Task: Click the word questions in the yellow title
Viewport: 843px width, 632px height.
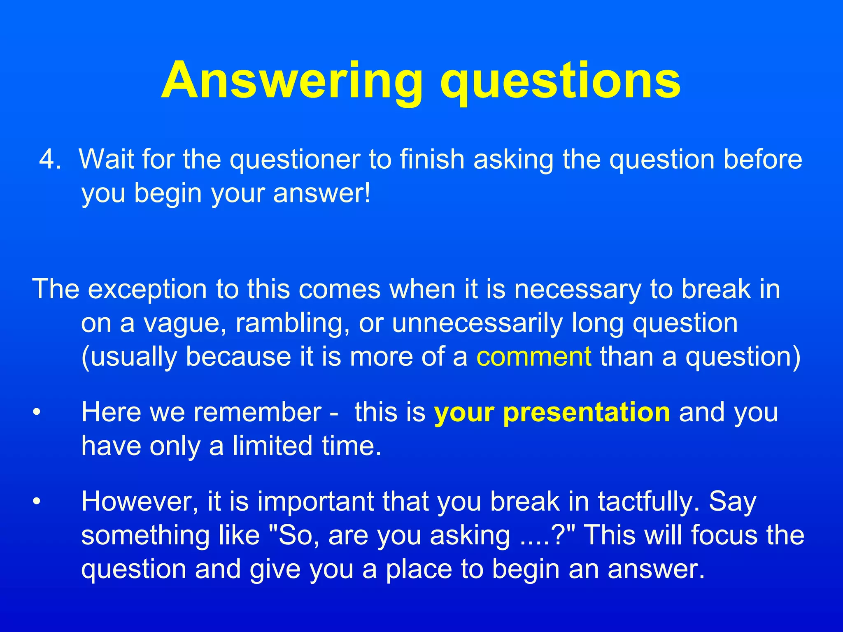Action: coord(560,81)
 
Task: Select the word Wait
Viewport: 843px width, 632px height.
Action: coord(106,159)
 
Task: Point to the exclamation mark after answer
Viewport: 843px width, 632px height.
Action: coord(367,193)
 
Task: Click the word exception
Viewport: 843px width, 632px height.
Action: coord(147,289)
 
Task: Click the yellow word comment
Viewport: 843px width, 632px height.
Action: coord(534,357)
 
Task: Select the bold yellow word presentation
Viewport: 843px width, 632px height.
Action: coord(587,412)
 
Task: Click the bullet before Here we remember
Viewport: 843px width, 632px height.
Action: coord(37,412)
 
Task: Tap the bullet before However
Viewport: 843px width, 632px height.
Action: coord(37,502)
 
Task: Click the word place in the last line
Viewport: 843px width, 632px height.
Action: coord(418,570)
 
